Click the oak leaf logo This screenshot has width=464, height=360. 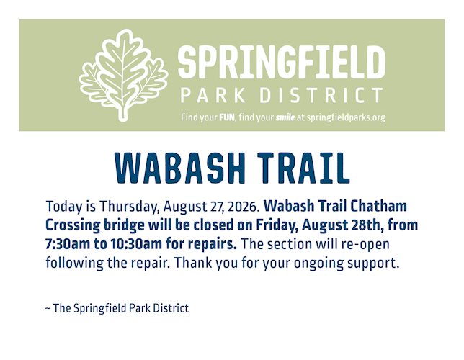pos(122,76)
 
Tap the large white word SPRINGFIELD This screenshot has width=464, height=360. pos(282,63)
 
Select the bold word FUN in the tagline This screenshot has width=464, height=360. pos(227,117)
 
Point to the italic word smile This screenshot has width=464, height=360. pos(285,117)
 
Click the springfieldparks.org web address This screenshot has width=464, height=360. pos(346,118)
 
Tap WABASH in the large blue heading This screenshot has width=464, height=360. pos(180,168)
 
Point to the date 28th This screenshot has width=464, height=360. pos(365,225)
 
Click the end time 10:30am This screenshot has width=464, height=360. pos(136,244)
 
